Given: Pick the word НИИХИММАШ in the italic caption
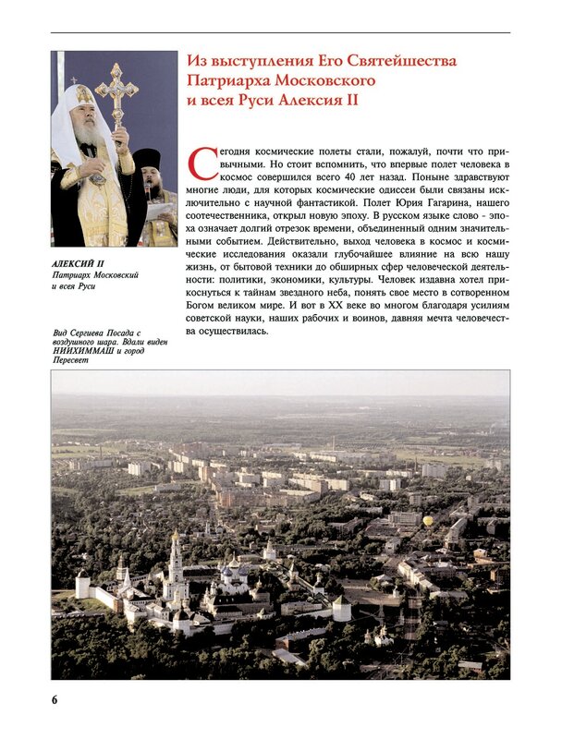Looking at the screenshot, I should point(79,351).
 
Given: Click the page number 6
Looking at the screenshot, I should point(55,697).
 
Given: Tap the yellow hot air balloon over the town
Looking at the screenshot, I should point(428,521).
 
